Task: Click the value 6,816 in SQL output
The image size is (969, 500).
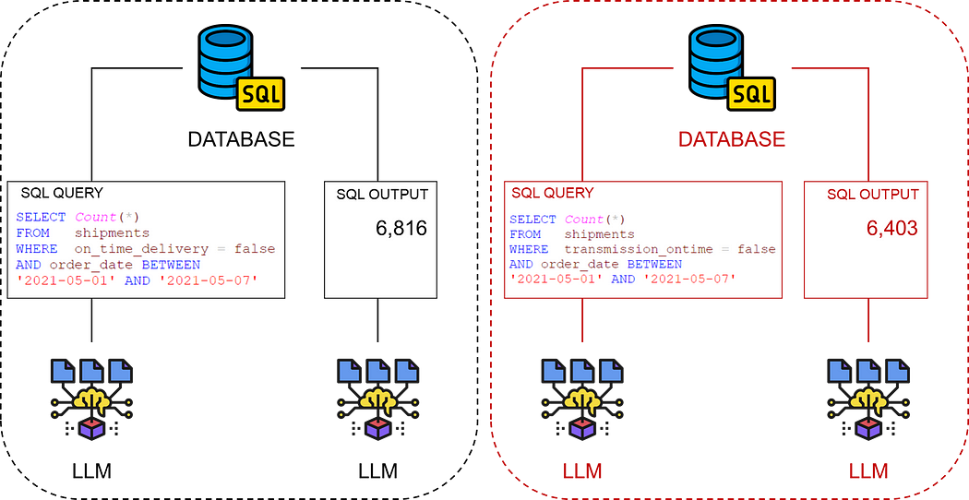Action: point(401,228)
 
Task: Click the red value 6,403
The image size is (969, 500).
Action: point(891,227)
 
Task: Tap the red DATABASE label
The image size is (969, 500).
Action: point(731,139)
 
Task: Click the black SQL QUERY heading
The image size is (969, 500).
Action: point(62,193)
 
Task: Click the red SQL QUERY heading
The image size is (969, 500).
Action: point(553,193)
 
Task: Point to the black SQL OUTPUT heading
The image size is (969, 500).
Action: point(380,194)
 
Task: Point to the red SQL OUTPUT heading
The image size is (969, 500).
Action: point(872,194)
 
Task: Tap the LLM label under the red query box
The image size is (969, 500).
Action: point(582,472)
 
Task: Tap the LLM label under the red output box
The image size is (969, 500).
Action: point(868,472)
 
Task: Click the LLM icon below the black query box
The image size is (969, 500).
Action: point(90,399)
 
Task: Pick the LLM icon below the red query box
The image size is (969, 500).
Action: point(582,399)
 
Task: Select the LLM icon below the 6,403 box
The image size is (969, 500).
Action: point(867,399)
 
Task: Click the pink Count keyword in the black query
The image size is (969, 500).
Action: point(95,217)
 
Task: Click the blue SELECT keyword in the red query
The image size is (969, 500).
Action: point(532,220)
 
